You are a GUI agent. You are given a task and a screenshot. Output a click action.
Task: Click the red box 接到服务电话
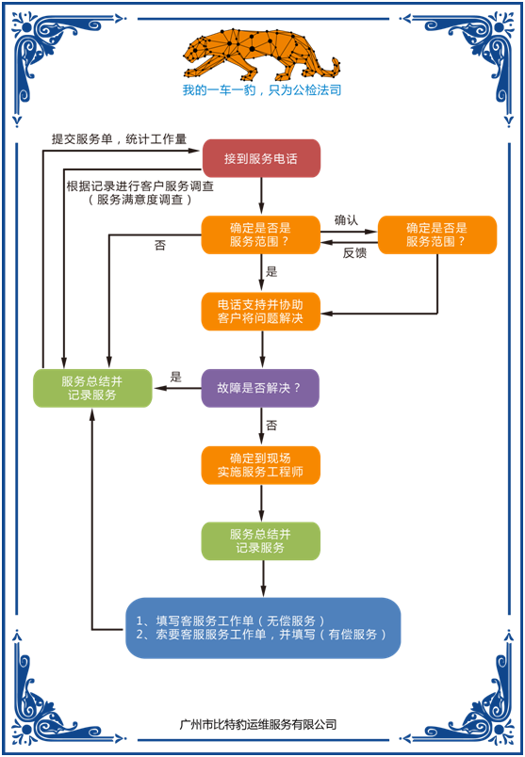pos(261,158)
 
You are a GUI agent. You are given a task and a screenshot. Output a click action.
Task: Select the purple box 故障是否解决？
pos(261,388)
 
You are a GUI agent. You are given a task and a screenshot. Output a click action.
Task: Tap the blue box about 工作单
pos(263,628)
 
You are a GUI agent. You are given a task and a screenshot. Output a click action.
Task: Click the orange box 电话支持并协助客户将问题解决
pos(261,312)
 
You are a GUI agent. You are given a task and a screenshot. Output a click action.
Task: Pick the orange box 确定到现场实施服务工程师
pos(261,465)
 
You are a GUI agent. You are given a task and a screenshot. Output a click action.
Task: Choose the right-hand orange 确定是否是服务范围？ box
pos(437,234)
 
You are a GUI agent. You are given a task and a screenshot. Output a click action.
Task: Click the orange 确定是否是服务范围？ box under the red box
pos(261,234)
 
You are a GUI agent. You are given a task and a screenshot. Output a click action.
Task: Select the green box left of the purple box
pos(91,388)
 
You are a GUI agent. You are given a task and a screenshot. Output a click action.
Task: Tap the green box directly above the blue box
pos(261,541)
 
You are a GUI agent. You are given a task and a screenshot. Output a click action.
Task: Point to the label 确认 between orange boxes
pos(348,220)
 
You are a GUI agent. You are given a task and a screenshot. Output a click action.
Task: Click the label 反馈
pos(354,252)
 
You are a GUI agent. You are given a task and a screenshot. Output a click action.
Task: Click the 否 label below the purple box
pos(271,427)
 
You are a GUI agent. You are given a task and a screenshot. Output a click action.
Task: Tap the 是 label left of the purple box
pos(175,377)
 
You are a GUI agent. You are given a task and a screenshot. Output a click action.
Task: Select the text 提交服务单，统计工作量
pos(120,138)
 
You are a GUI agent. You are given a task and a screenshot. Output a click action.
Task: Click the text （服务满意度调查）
pos(139,200)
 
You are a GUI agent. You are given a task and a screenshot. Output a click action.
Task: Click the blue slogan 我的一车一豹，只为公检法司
pos(261,90)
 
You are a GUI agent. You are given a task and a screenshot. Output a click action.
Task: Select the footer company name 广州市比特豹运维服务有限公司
pos(257,725)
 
